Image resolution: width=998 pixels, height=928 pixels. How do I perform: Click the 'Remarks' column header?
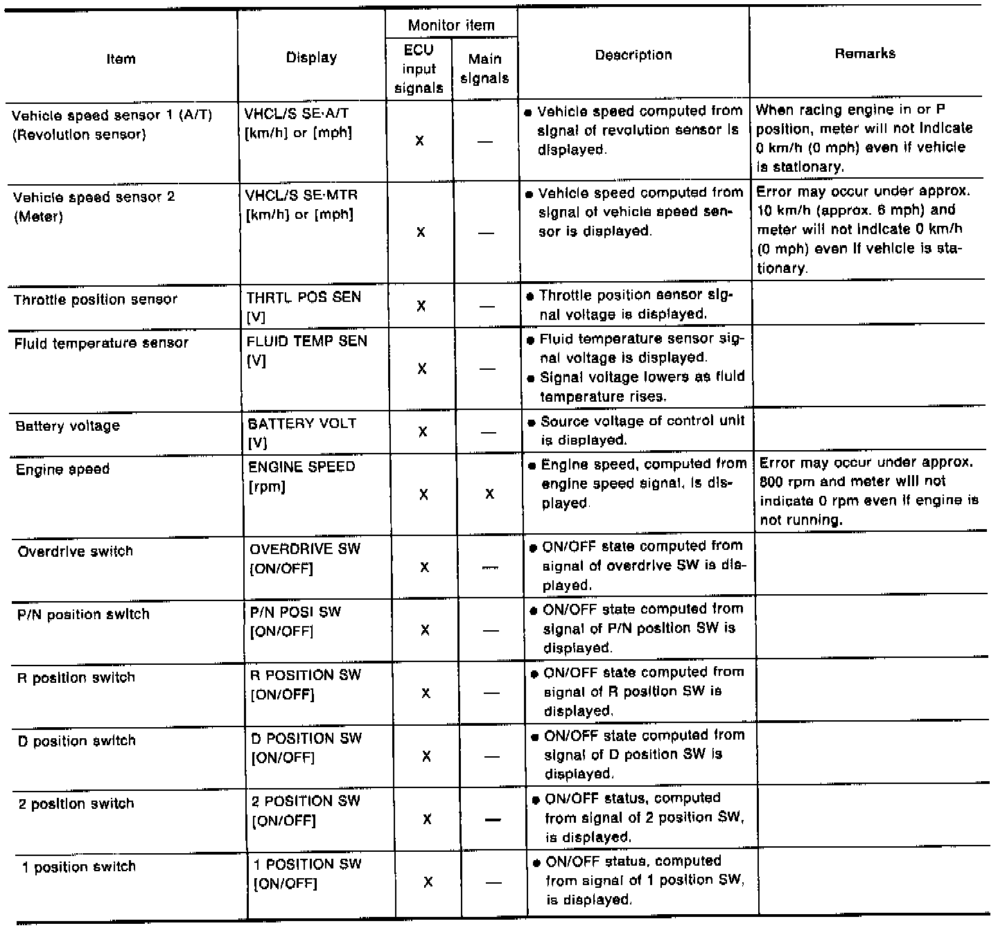pyautogui.click(x=865, y=53)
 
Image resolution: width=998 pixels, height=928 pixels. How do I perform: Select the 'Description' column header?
pyautogui.click(x=633, y=55)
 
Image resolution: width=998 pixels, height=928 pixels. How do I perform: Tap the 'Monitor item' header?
pyautogui.click(x=451, y=26)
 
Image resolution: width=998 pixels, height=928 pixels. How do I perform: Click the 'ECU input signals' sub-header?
pyautogui.click(x=419, y=69)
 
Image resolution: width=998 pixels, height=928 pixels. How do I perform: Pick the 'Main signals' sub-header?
pyautogui.click(x=484, y=69)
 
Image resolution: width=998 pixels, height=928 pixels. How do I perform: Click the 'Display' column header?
pyautogui.click(x=311, y=58)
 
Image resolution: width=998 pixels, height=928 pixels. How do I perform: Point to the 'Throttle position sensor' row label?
pyautogui.click(x=96, y=300)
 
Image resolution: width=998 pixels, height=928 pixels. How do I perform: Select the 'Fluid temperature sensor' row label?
pyautogui.click(x=101, y=343)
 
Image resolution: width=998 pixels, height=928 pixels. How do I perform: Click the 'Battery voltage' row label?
pyautogui.click(x=67, y=426)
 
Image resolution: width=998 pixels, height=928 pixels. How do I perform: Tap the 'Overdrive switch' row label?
pyautogui.click(x=75, y=551)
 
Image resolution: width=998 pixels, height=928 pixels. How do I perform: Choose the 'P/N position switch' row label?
pyautogui.click(x=83, y=614)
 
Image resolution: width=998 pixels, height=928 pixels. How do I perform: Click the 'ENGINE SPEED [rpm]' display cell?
pyautogui.click(x=301, y=476)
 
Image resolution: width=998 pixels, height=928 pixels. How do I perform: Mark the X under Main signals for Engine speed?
pyautogui.click(x=489, y=494)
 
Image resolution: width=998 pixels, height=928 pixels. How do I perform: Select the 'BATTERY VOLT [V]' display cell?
pyautogui.click(x=301, y=432)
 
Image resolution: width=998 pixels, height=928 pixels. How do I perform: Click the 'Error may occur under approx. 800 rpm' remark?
pyautogui.click(x=869, y=491)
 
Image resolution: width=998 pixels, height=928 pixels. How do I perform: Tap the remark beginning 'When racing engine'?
pyautogui.click(x=864, y=139)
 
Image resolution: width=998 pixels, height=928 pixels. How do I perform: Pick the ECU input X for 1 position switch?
pyautogui.click(x=428, y=882)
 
